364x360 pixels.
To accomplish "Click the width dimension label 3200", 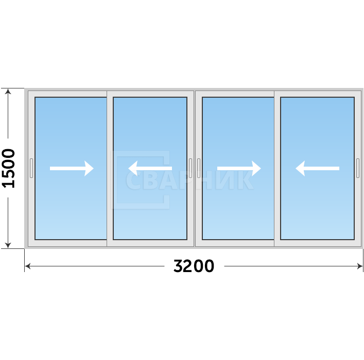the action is (194, 266).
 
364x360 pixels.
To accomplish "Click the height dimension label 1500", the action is (8, 168).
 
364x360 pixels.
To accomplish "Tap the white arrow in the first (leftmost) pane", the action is (72, 168).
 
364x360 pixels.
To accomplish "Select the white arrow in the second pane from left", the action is (150, 168).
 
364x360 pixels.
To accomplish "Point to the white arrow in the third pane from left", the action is (239, 168).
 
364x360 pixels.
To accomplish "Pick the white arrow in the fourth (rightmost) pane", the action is (317, 168).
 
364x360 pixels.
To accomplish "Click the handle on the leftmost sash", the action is (31, 168).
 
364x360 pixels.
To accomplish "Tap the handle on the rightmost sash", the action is (358, 168).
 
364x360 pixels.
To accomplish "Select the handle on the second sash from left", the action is (190, 168).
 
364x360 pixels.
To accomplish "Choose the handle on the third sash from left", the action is (199, 168).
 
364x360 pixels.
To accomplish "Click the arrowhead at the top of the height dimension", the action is (8, 91).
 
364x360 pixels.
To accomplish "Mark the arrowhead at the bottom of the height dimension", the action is (8, 245).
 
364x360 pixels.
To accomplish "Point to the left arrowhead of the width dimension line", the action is (27, 266).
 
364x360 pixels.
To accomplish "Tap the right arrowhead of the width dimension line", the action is (360, 266).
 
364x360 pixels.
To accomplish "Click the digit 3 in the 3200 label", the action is (178, 266).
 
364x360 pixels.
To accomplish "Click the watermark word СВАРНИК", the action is (189, 180).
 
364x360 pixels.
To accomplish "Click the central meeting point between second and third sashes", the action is (195, 168).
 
